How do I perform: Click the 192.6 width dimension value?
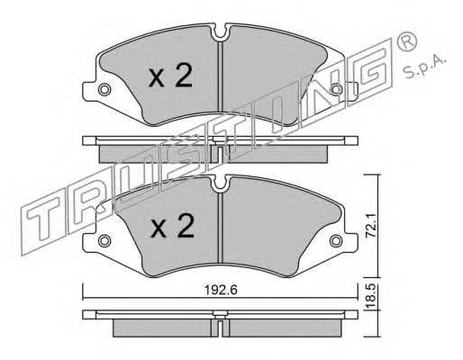221,290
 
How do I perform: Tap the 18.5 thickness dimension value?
370,296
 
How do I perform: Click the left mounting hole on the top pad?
104,89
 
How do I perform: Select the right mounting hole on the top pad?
337,89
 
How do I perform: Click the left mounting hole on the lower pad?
104,240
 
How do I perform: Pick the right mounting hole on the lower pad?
336,240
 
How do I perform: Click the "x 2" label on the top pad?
170,76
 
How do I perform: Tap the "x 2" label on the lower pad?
172,226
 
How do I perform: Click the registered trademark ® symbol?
406,41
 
